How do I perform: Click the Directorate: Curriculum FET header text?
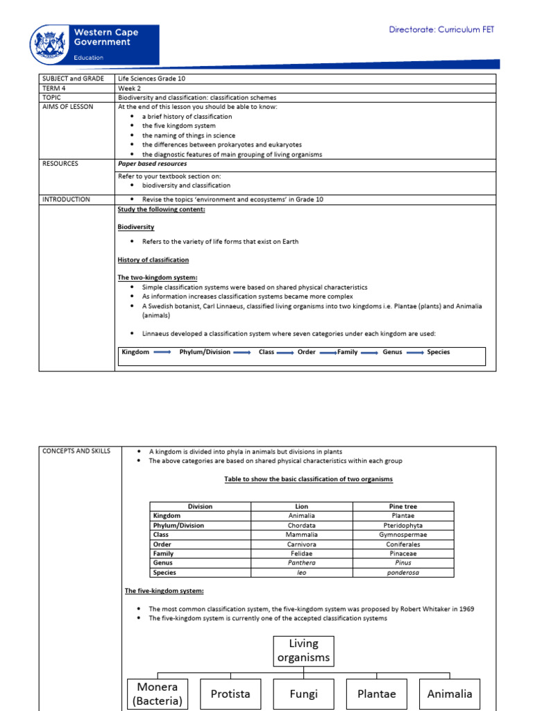[x=441, y=30]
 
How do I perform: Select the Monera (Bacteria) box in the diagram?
[x=158, y=694]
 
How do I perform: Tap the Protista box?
[x=230, y=694]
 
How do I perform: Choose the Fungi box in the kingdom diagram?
[x=304, y=694]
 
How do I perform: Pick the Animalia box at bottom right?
[x=450, y=694]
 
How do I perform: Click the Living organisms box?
[x=303, y=651]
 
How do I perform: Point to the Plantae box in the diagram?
[x=376, y=694]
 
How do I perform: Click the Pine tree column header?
[x=403, y=507]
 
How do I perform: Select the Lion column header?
[x=301, y=507]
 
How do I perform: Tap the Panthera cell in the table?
[x=301, y=563]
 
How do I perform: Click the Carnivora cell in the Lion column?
[x=301, y=544]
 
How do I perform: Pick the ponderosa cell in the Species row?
[x=403, y=573]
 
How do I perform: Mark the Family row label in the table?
[x=163, y=554]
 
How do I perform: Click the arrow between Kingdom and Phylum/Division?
[x=162, y=352]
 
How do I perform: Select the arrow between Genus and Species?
[x=414, y=352]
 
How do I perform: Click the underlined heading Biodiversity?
[x=136, y=227]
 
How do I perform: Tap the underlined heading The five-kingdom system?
[x=164, y=591]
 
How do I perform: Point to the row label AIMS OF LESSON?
[x=68, y=107]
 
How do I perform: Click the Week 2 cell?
[x=129, y=88]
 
